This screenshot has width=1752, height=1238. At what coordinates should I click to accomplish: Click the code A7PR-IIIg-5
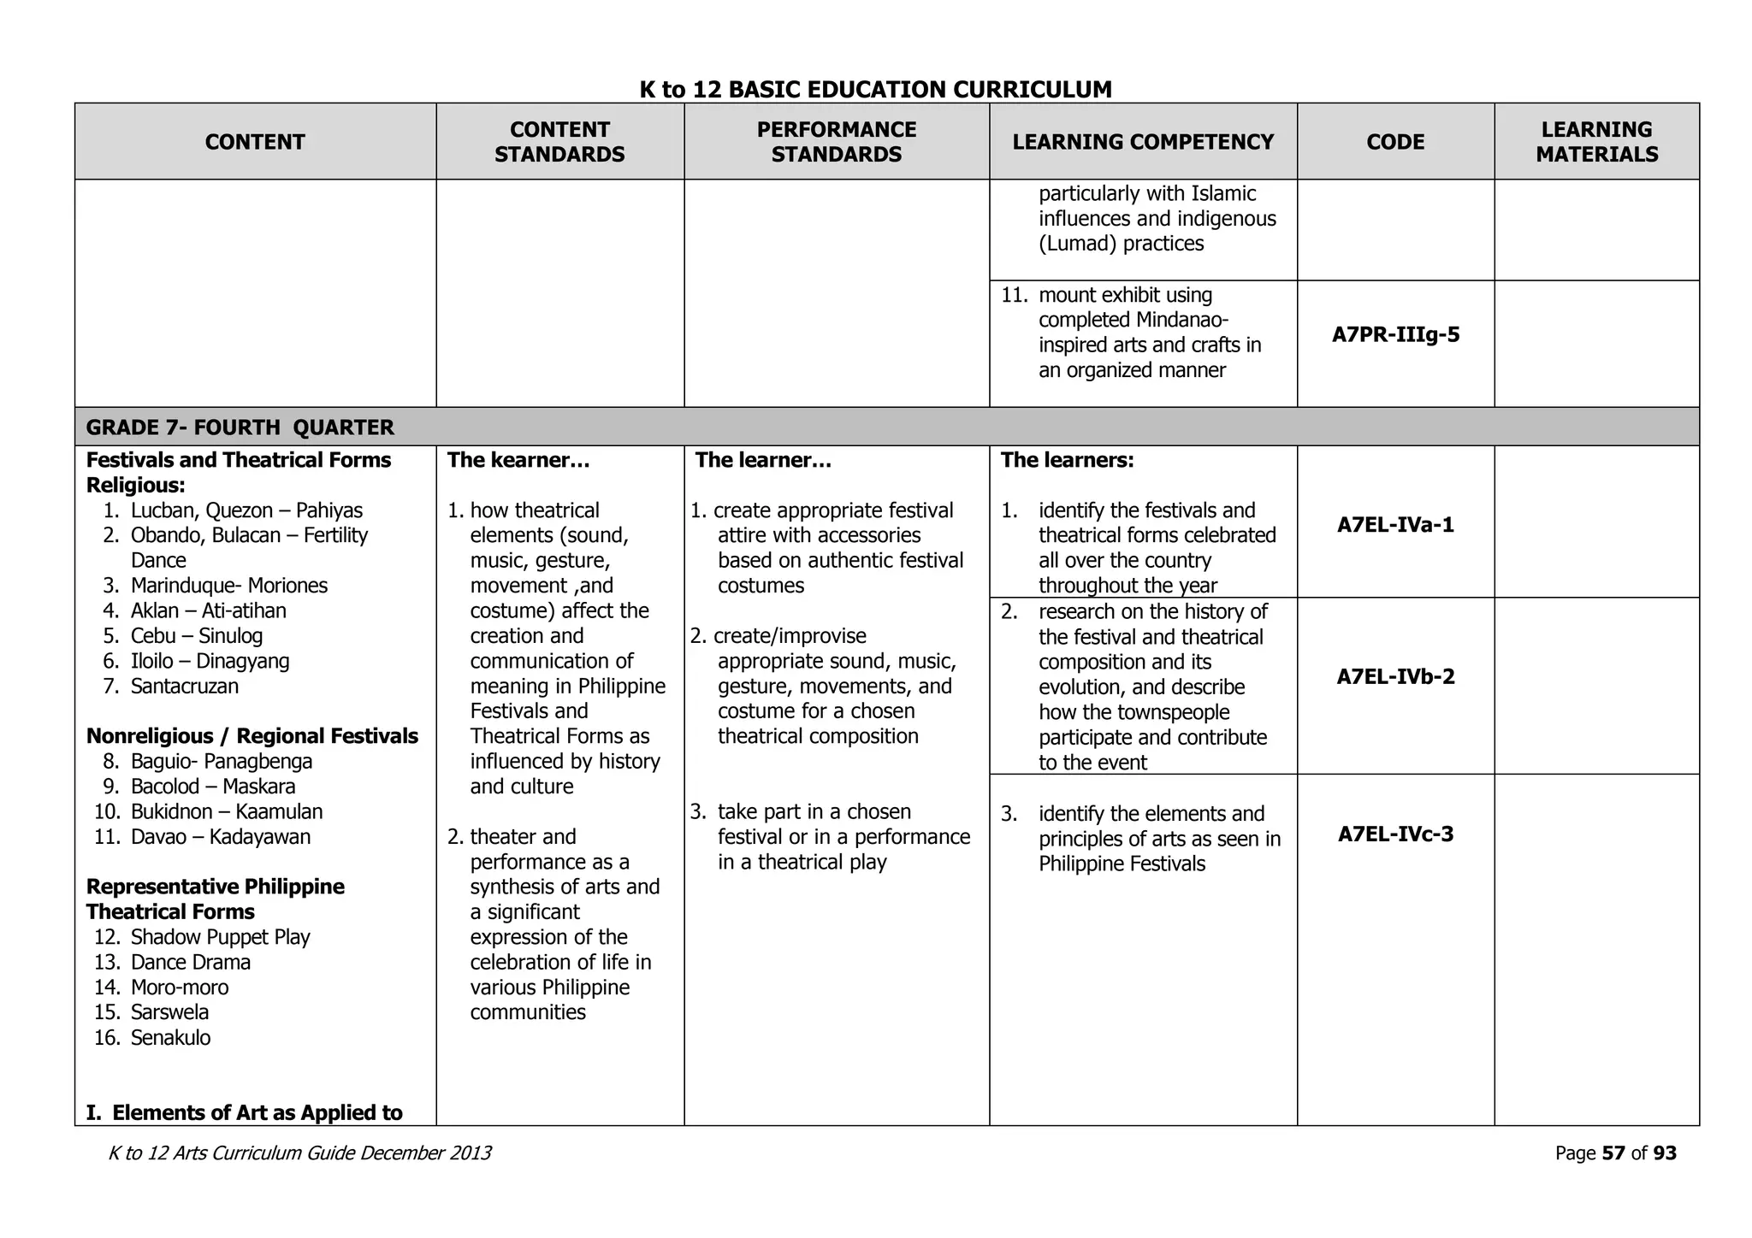pos(1395,334)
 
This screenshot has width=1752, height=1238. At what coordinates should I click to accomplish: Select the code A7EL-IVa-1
pos(1395,524)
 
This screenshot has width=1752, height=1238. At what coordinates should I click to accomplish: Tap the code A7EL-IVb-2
pos(1395,676)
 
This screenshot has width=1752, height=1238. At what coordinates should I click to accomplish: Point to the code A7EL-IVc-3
pos(1395,834)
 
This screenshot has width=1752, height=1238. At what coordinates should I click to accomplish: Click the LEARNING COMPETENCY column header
pos(1143,142)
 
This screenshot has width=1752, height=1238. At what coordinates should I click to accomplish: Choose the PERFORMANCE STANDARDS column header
pos(836,142)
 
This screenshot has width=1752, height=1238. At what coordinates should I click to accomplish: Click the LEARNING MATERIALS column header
pos(1596,142)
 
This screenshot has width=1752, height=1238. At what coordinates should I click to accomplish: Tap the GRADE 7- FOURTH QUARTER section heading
pos(240,427)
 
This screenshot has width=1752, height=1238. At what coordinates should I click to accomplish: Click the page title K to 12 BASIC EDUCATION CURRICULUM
pos(875,89)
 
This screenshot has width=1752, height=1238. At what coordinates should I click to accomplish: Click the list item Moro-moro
pos(180,987)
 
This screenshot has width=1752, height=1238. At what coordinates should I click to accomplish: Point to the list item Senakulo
pos(170,1038)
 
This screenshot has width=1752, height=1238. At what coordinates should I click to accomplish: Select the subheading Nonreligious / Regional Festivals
pos(252,736)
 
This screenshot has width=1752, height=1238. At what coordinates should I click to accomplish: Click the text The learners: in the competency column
pos(1067,460)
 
